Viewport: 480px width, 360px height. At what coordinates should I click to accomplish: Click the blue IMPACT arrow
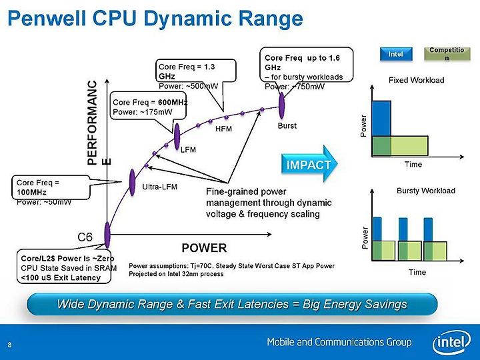(x=309, y=164)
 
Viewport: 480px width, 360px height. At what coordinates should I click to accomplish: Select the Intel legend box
(x=396, y=54)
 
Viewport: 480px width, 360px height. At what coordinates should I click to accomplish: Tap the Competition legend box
(x=447, y=54)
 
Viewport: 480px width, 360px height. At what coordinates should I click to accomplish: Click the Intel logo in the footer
(x=451, y=342)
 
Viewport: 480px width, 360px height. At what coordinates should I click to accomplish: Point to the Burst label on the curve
(x=287, y=125)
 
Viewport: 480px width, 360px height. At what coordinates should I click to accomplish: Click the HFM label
(x=223, y=129)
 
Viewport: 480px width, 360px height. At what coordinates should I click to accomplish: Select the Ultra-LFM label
(x=160, y=187)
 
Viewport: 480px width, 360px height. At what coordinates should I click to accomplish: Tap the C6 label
(x=85, y=237)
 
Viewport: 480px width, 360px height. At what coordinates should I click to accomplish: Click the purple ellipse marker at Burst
(x=281, y=105)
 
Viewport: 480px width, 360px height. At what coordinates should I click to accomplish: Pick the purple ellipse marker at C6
(x=107, y=235)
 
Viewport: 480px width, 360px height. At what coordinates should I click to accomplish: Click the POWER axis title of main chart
(x=204, y=247)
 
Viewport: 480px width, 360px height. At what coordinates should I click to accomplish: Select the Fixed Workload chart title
(x=416, y=80)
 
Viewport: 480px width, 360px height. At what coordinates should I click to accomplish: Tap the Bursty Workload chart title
(x=426, y=191)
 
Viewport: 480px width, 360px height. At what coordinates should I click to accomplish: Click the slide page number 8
(x=9, y=345)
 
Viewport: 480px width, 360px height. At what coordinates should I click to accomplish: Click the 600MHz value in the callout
(x=173, y=102)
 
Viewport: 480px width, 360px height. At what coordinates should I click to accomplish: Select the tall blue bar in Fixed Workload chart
(x=381, y=119)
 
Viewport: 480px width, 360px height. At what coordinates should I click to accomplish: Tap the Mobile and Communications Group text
(x=339, y=342)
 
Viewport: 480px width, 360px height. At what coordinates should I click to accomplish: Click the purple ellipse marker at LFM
(x=177, y=137)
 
